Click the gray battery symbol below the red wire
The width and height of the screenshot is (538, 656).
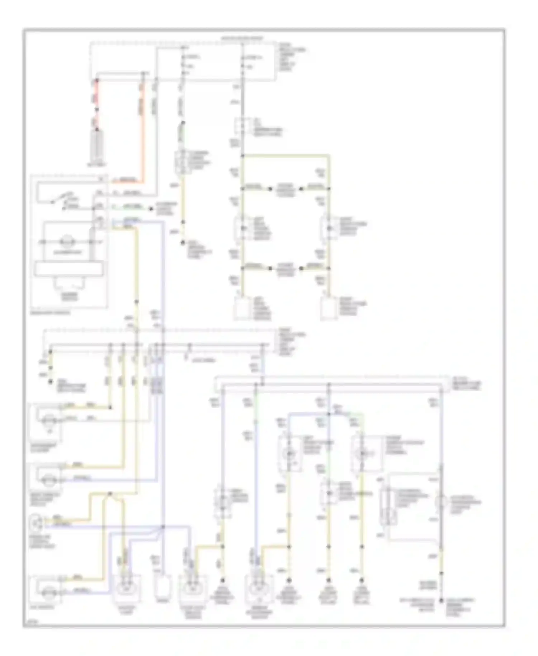96,145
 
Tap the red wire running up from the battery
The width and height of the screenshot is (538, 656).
96,104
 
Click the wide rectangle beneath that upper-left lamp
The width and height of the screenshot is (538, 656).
70,269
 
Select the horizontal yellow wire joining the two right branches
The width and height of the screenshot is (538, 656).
285,155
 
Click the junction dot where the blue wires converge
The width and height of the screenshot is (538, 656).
162,527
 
